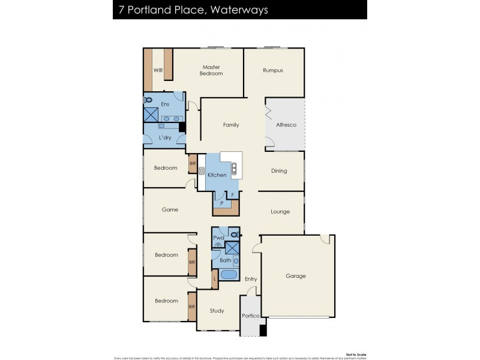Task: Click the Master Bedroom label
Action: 212,70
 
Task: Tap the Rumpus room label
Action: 272,70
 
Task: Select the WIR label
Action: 158,70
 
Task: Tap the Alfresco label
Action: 286,125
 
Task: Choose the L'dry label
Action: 166,139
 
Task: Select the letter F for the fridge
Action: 233,196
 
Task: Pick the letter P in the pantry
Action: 221,203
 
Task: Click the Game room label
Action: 170,210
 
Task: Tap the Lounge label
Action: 280,212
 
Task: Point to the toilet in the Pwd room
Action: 235,233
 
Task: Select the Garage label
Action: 295,276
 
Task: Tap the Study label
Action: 217,311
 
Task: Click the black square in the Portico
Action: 262,330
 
